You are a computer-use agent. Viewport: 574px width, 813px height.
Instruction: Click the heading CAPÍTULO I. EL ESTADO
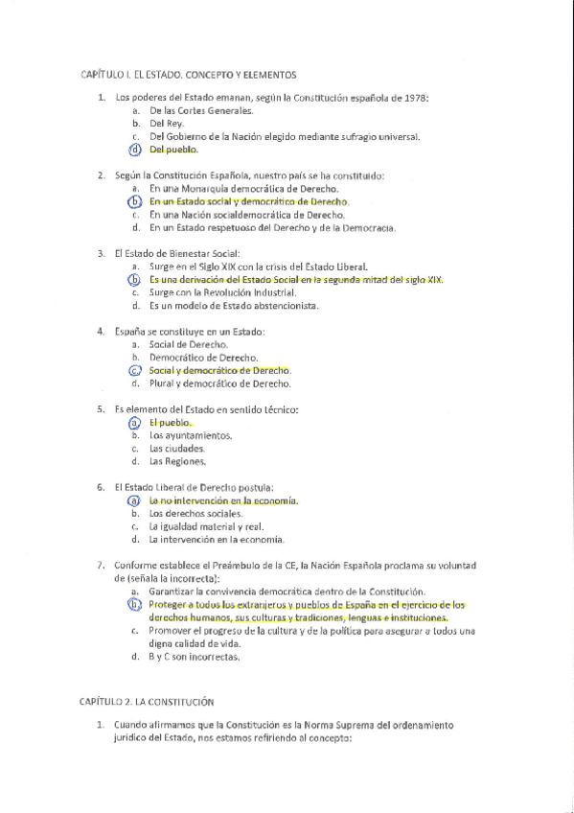pyautogui.click(x=187, y=74)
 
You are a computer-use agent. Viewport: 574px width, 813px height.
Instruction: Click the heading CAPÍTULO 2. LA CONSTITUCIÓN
pyautogui.click(x=147, y=702)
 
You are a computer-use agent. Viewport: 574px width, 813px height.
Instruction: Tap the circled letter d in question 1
pyautogui.click(x=136, y=150)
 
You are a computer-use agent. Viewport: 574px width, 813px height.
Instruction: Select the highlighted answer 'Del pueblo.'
pyautogui.click(x=173, y=150)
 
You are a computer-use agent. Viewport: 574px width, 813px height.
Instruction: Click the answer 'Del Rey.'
pyautogui.click(x=166, y=124)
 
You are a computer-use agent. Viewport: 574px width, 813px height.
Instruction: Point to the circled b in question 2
pyautogui.click(x=136, y=202)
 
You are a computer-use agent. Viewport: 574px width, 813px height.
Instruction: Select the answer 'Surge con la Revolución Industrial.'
pyautogui.click(x=222, y=292)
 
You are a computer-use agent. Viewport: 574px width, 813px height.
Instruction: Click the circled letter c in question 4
pyautogui.click(x=136, y=370)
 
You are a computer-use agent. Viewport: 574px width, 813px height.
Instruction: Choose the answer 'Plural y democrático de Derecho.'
pyautogui.click(x=219, y=383)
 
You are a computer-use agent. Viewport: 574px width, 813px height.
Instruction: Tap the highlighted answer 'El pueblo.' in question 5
pyautogui.click(x=170, y=422)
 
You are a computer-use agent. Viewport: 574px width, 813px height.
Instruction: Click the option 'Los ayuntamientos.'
pyautogui.click(x=190, y=435)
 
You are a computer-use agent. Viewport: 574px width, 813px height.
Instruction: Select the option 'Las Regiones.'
pyautogui.click(x=177, y=461)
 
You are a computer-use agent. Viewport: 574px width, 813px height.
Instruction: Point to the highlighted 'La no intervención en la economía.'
pyautogui.click(x=223, y=500)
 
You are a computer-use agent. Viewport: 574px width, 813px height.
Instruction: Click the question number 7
pyautogui.click(x=101, y=565)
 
